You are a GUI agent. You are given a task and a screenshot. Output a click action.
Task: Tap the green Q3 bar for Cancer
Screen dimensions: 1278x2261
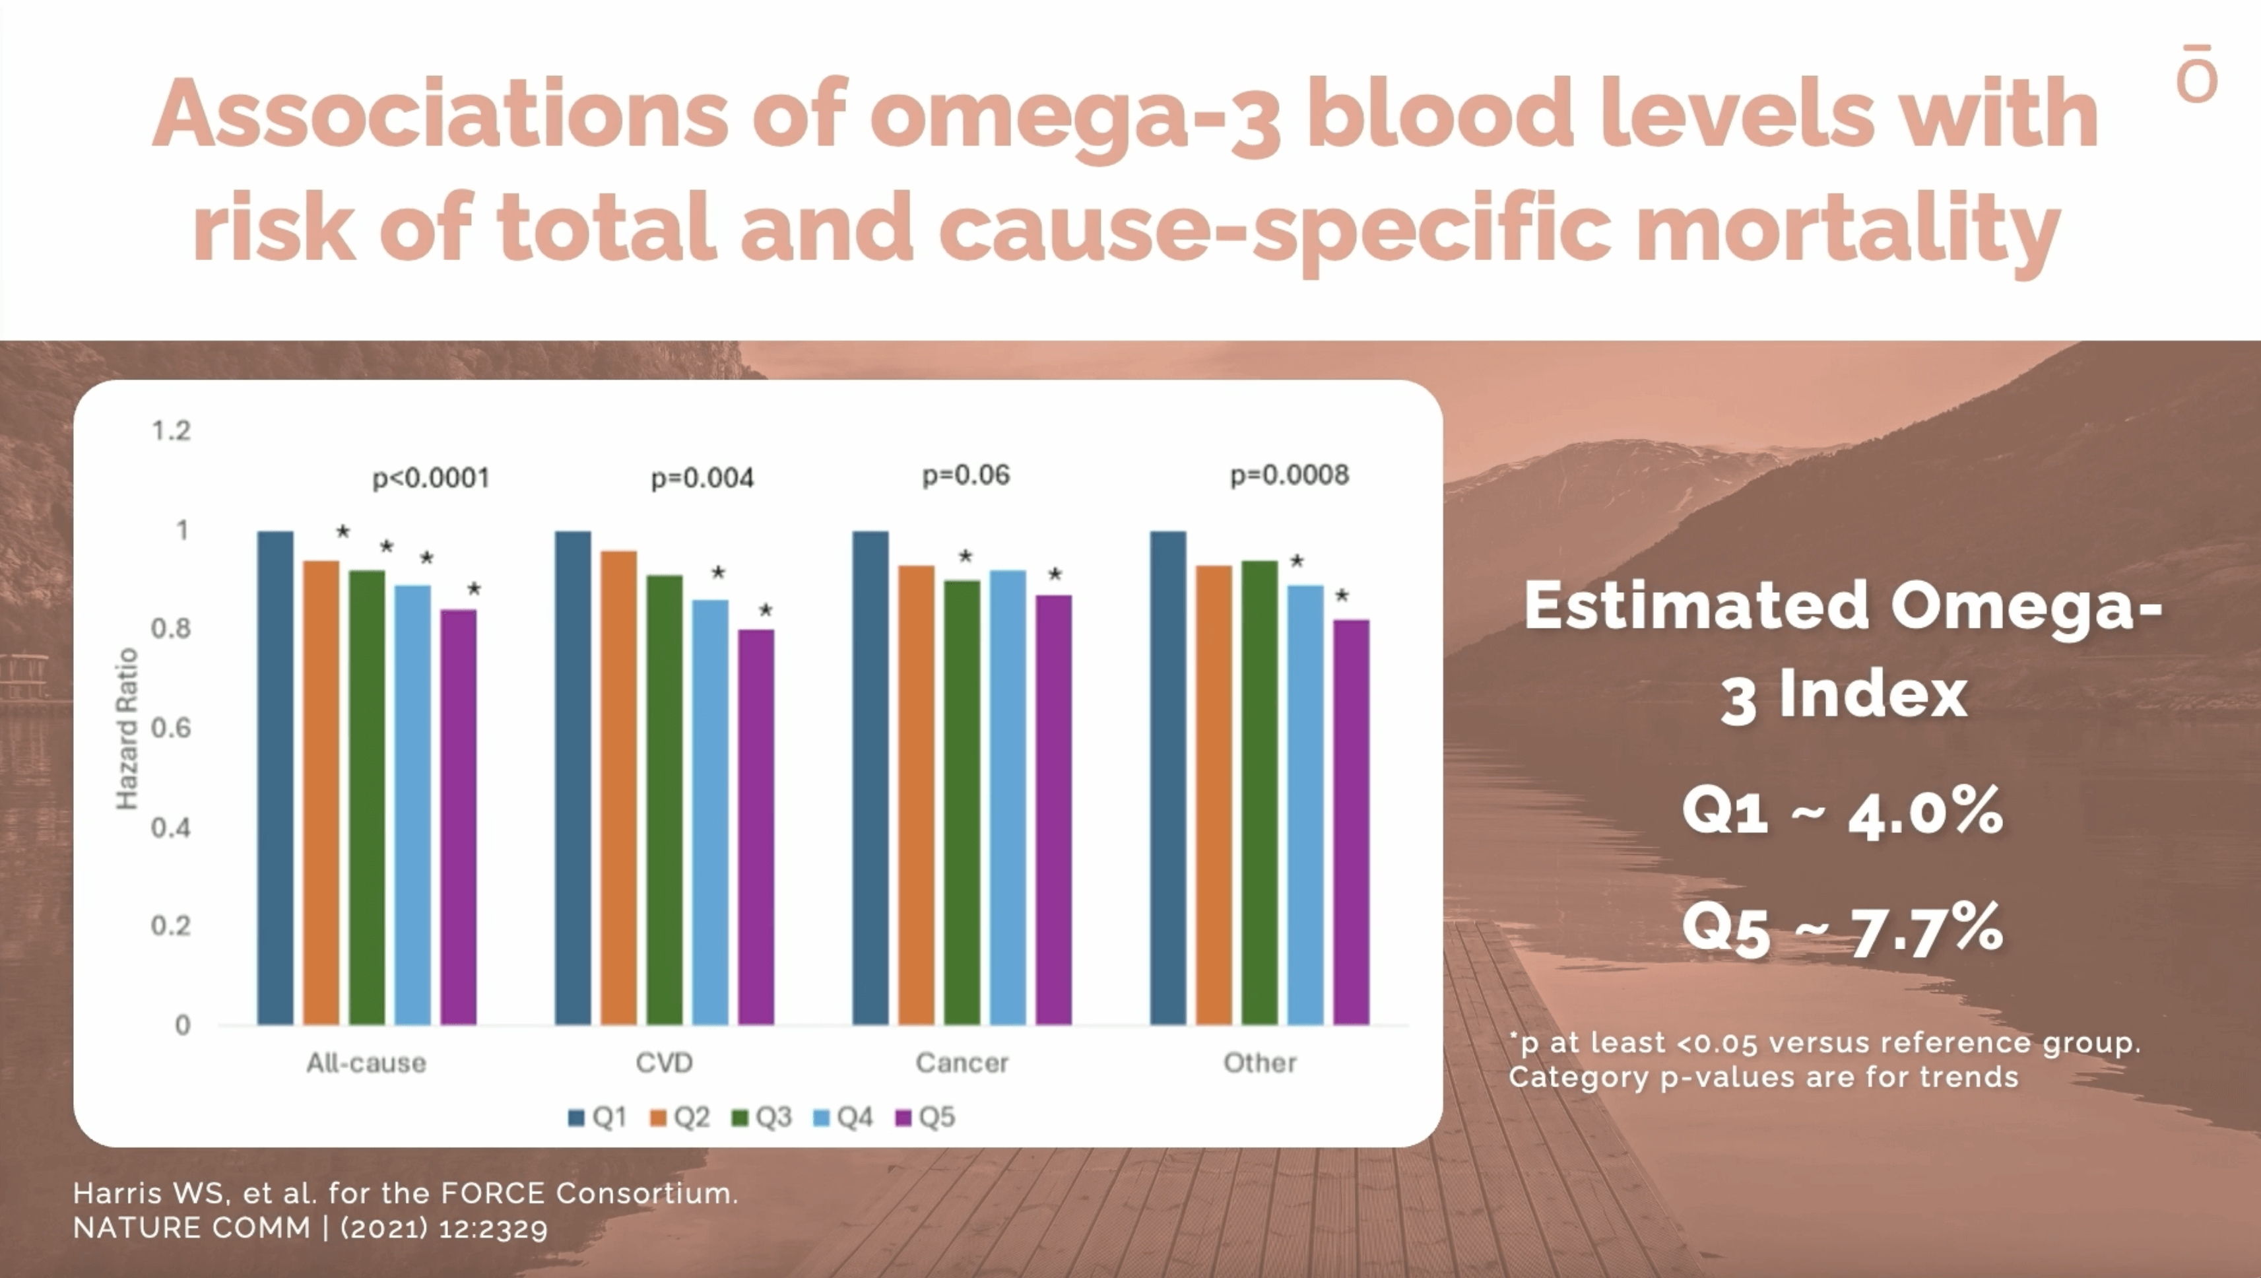tap(962, 801)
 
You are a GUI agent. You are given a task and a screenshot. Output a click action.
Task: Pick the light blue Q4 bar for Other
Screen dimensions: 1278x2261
tap(1305, 804)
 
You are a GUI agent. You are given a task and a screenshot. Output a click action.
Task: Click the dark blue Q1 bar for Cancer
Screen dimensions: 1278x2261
tap(870, 777)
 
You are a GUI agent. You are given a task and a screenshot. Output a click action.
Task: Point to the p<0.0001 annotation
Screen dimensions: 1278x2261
tap(430, 479)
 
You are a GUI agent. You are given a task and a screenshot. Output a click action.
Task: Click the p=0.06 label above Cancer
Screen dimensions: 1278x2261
tap(966, 475)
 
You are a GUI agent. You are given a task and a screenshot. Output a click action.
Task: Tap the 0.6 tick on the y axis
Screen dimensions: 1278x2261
tap(170, 727)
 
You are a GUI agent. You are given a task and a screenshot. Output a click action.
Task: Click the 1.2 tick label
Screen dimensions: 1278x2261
tap(170, 430)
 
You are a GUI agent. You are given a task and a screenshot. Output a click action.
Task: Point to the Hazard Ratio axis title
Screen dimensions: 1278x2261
tap(128, 729)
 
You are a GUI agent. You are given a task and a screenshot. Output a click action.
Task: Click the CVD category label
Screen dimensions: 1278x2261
tap(665, 1063)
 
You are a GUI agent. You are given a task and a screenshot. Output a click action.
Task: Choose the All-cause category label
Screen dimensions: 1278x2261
tap(366, 1063)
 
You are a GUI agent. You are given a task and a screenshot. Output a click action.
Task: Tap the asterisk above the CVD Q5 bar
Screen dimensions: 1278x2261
tap(766, 610)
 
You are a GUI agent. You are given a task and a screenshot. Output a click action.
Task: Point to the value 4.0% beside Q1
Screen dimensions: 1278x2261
tap(1926, 812)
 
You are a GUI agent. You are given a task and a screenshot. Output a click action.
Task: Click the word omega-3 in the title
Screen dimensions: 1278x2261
tap(1075, 115)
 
